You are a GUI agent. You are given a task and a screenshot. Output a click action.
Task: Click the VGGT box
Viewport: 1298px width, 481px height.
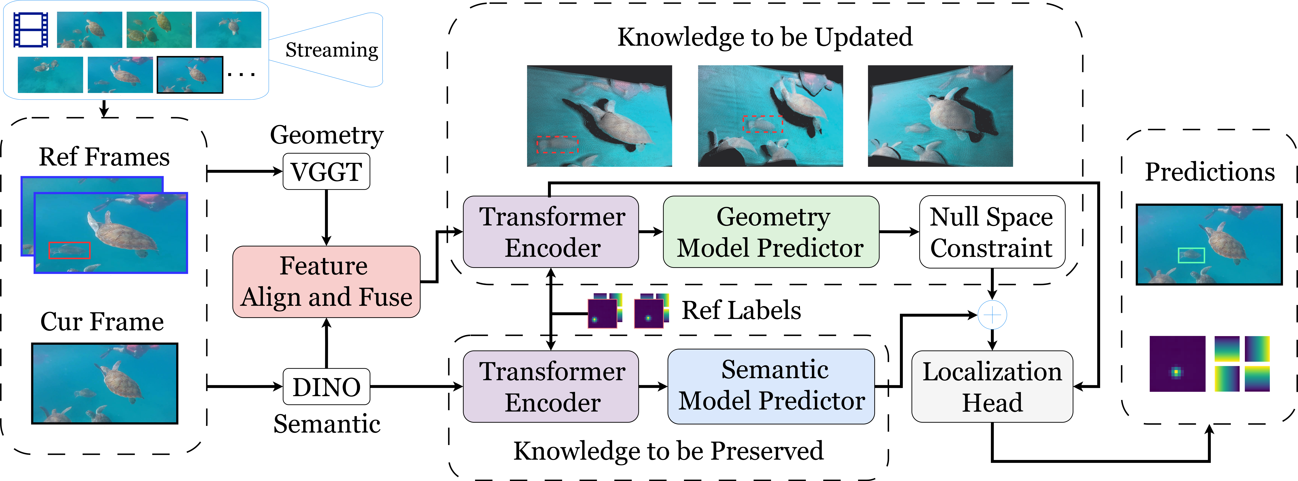coord(327,172)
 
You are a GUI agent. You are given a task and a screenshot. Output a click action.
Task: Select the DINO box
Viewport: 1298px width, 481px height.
coord(327,387)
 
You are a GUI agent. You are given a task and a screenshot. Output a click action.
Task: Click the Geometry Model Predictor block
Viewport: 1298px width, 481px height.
coord(771,232)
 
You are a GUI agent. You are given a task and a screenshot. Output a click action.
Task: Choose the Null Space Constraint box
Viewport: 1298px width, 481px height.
coord(992,232)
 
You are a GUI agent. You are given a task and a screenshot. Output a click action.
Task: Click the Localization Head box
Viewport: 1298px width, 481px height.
coord(992,386)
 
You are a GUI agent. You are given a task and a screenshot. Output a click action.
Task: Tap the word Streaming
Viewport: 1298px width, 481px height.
coord(331,50)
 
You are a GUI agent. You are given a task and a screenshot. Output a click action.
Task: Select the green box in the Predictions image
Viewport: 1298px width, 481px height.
coord(1191,255)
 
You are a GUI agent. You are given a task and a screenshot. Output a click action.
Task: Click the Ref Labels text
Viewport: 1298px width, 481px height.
coord(741,310)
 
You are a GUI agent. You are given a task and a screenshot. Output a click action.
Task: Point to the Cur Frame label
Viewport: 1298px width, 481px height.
coord(102,321)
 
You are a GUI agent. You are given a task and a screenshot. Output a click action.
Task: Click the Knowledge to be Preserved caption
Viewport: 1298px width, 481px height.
coord(668,451)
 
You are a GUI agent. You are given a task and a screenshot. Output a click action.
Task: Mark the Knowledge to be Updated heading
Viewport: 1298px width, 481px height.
coord(765,37)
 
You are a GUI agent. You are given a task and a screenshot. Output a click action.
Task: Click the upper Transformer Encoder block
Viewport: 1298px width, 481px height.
coord(551,232)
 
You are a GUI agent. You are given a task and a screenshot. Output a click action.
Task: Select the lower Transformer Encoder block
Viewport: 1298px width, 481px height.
coord(551,386)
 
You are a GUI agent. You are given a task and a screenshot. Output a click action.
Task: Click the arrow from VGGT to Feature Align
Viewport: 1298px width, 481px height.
coord(327,217)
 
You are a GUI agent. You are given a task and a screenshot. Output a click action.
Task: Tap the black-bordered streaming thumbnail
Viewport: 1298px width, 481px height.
coord(190,75)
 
